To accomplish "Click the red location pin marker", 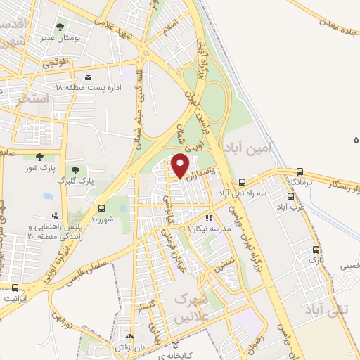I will [181, 166].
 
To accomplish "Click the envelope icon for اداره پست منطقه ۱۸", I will [87, 77].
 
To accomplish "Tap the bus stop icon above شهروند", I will [103, 208].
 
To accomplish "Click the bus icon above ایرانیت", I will [15, 287].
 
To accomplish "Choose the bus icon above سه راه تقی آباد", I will [243, 181].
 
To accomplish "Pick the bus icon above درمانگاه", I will [300, 171].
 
